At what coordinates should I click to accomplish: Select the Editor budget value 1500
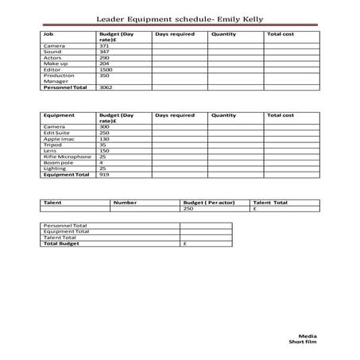click(x=106, y=70)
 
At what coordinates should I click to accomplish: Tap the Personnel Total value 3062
click(x=106, y=87)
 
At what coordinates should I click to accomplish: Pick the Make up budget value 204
click(x=104, y=64)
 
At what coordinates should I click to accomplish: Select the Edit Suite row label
click(x=57, y=133)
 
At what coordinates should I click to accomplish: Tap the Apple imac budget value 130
click(x=104, y=139)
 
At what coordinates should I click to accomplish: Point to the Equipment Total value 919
click(x=104, y=174)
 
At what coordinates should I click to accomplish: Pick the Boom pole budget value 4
click(x=101, y=162)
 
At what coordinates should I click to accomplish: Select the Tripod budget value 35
click(x=103, y=145)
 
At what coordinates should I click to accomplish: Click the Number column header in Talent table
click(x=125, y=203)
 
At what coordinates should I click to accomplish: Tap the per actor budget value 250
click(x=188, y=209)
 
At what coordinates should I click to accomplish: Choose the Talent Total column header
click(x=270, y=203)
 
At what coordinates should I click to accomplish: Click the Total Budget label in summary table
click(x=60, y=244)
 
